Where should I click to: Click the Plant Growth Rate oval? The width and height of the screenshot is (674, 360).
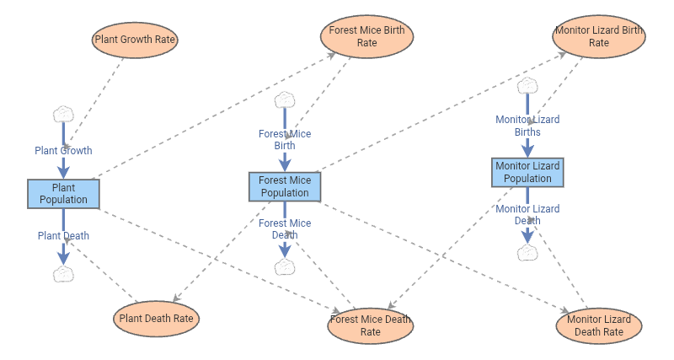click(136, 40)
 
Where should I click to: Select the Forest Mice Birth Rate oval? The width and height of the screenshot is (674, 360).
click(366, 36)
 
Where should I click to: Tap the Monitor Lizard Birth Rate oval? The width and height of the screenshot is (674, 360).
click(598, 36)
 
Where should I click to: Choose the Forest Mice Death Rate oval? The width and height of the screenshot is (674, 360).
click(370, 325)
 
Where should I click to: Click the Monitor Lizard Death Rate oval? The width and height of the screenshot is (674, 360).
click(599, 325)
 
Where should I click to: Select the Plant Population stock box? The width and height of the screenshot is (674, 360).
click(63, 193)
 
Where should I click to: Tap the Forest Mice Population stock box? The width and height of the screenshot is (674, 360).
click(284, 186)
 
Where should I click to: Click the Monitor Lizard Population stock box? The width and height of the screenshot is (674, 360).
click(527, 172)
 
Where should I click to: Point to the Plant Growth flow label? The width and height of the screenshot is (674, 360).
click(63, 151)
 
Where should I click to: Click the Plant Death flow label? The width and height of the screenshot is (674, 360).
click(63, 236)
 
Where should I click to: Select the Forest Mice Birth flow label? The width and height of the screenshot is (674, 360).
click(285, 139)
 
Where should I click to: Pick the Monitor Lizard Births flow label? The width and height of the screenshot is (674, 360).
click(527, 126)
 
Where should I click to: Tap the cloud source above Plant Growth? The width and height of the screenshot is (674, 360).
click(63, 114)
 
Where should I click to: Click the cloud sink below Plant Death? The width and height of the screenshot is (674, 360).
click(63, 273)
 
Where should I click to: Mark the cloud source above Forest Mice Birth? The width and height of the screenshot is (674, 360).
click(285, 99)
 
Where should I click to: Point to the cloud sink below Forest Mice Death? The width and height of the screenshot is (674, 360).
click(285, 266)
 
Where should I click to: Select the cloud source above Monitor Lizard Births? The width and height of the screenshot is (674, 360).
click(527, 85)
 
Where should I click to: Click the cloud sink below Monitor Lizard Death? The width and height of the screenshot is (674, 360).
click(527, 252)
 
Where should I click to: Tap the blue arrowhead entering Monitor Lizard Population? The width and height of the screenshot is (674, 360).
click(527, 152)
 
